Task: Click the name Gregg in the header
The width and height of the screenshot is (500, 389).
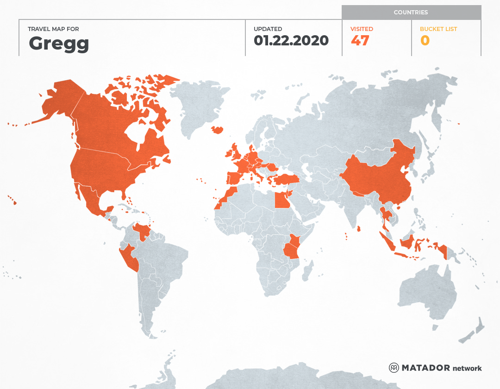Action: point(59,44)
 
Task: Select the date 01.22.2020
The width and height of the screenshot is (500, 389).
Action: point(291,41)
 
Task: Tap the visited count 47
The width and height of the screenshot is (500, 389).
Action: point(360,41)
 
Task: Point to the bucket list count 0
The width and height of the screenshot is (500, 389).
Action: point(425,41)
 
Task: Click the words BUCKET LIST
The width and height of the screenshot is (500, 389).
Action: point(438,29)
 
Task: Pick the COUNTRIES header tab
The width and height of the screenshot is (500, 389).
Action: point(411,13)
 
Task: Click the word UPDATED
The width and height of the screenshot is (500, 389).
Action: point(268,29)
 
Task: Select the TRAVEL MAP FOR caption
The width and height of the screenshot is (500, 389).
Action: point(53,29)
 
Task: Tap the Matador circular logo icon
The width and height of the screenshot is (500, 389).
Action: point(394,368)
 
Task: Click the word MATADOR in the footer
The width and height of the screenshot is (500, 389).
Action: point(425,368)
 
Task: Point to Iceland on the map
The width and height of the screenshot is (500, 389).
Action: point(217,130)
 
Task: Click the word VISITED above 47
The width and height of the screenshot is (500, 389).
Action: point(362,29)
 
